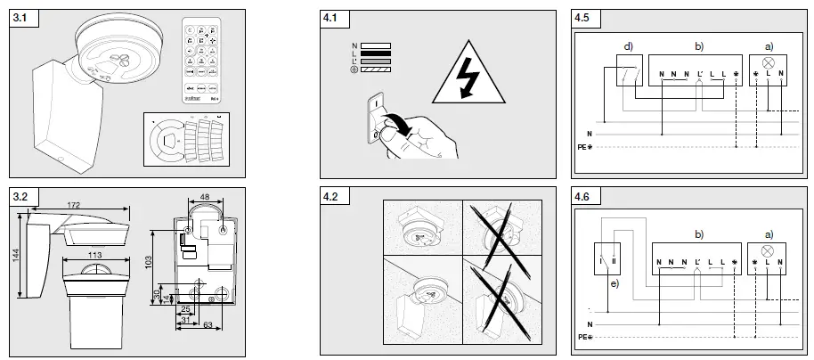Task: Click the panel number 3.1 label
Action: coord(20,18)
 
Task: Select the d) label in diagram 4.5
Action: coord(628,45)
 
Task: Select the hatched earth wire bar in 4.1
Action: coord(376,70)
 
